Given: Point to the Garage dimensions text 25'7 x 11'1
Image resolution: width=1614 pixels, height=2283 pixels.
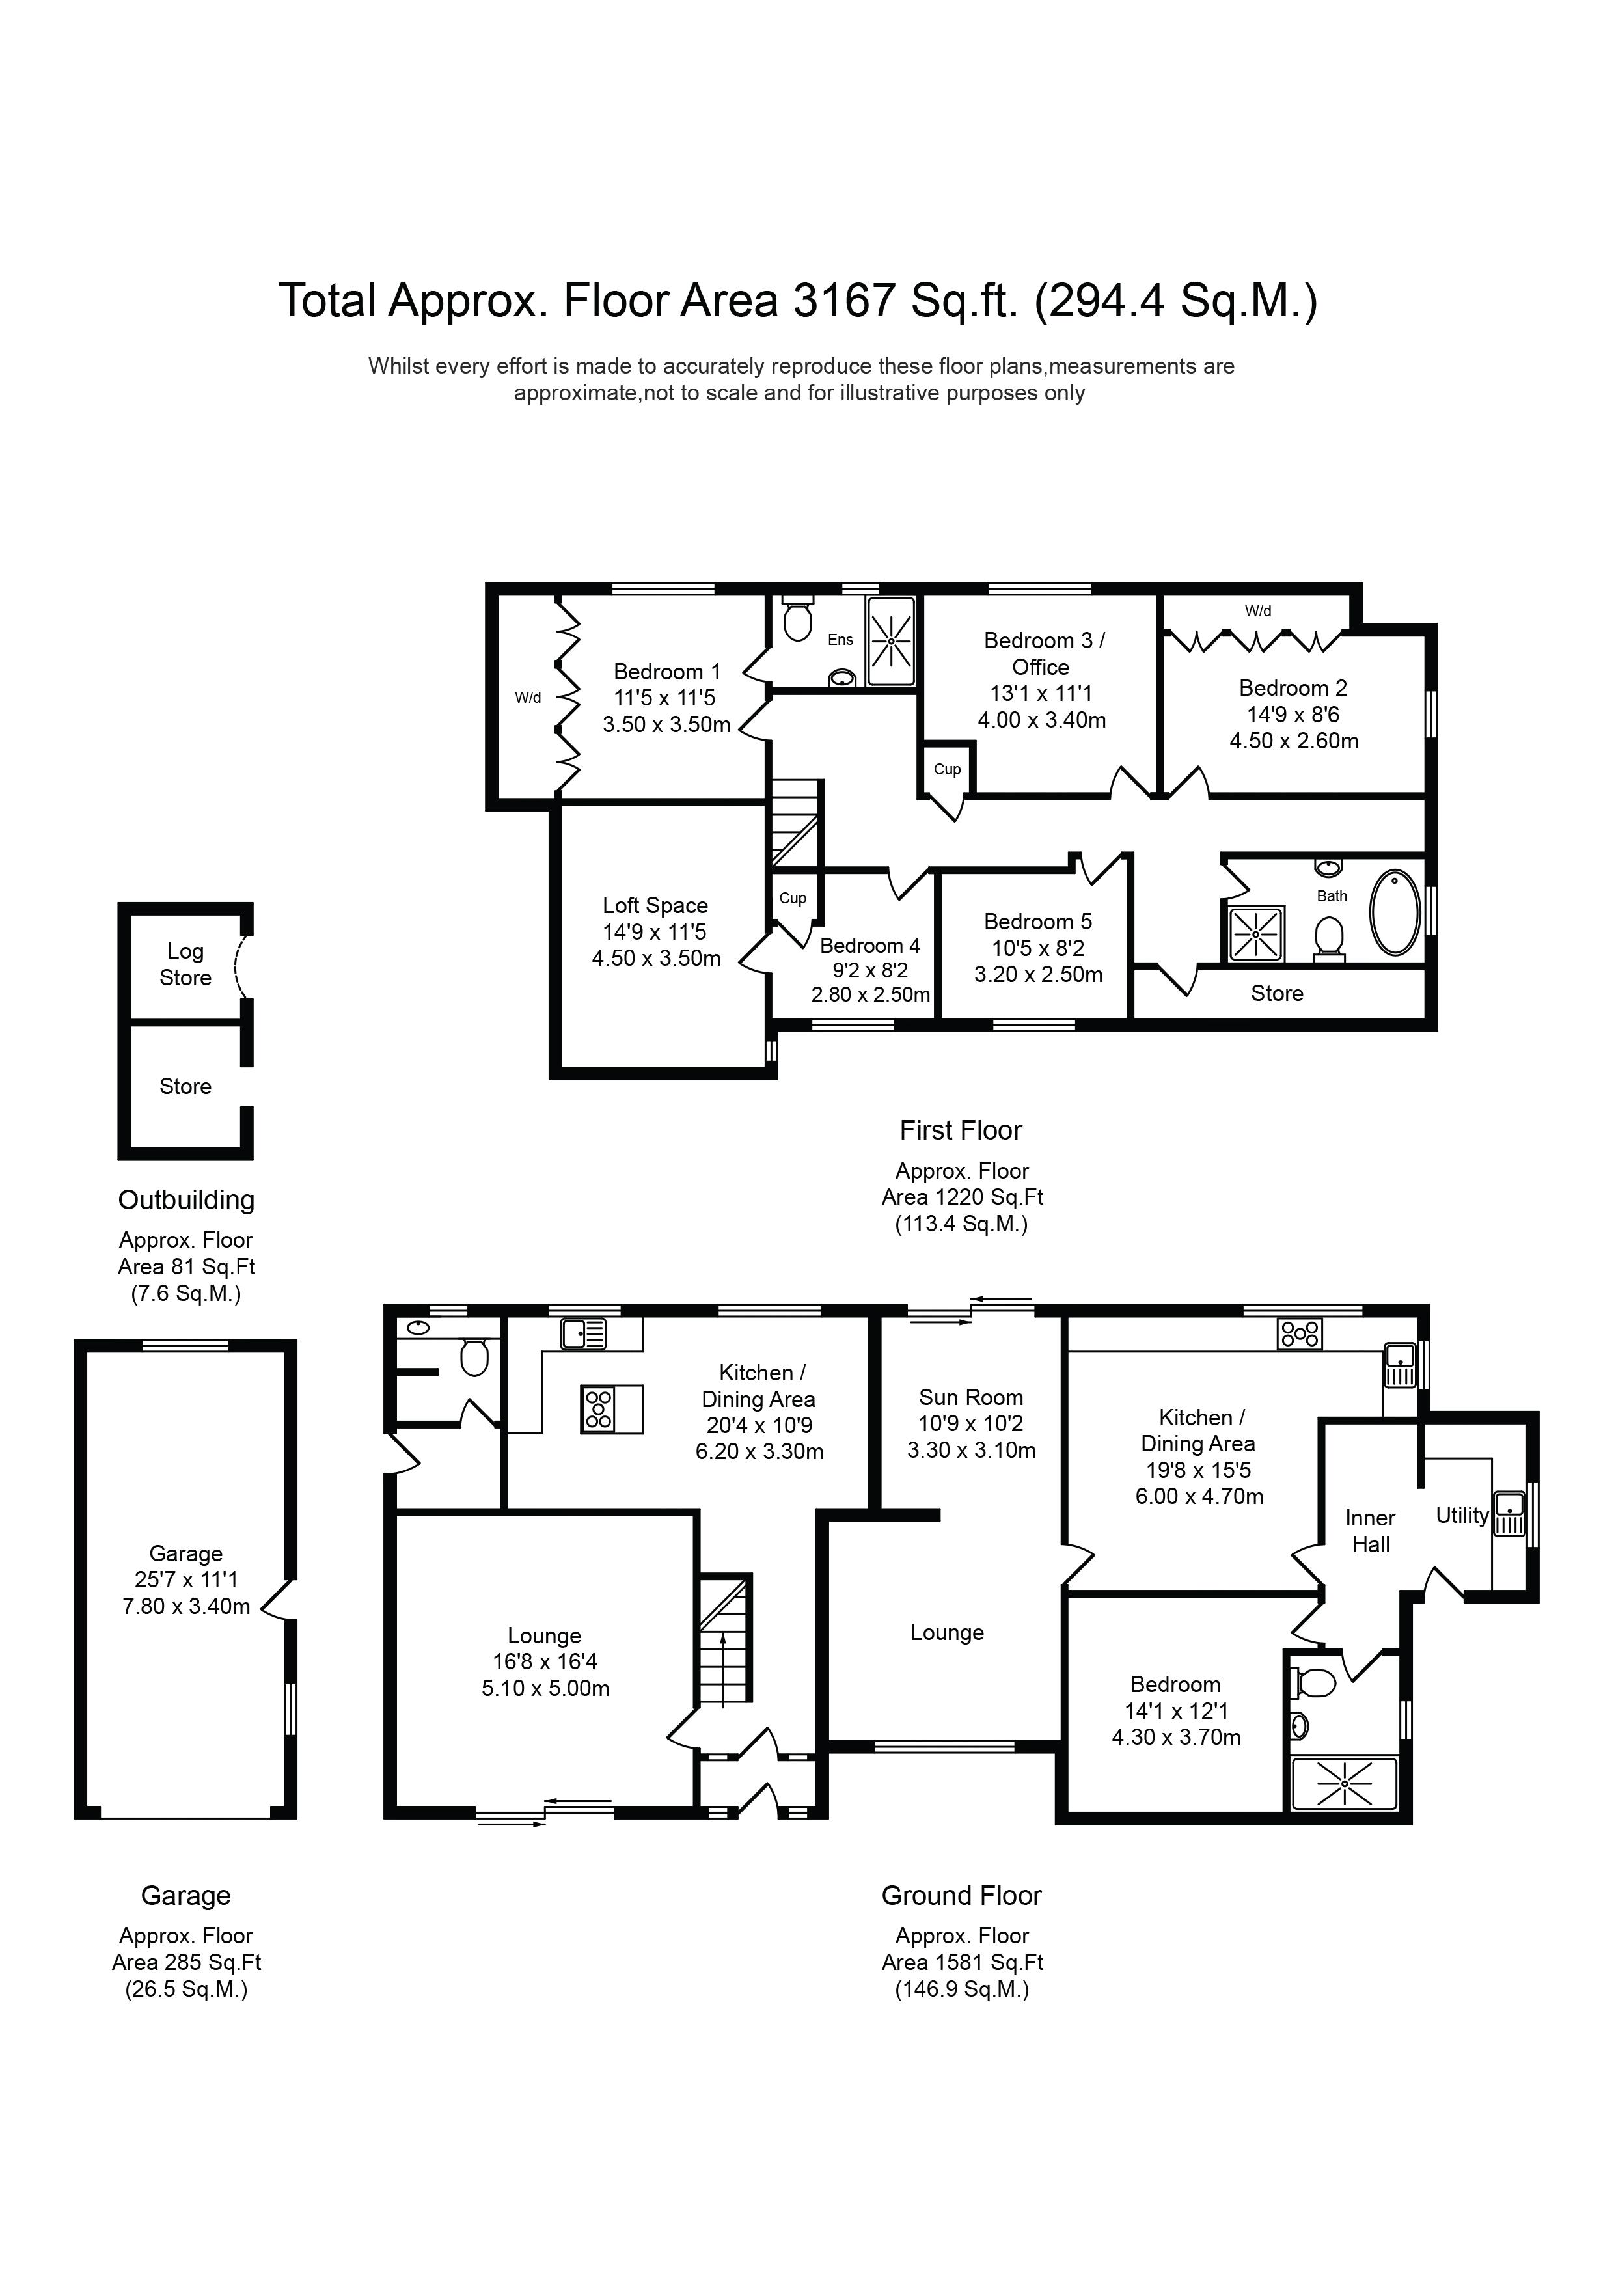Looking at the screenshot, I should coord(186,1579).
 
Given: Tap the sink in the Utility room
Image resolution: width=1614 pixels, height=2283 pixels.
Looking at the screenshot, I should coord(1509,1513).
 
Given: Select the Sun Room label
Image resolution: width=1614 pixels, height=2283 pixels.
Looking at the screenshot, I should coord(970,1397).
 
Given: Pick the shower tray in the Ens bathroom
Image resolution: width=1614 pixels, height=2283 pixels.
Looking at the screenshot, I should coord(891,641).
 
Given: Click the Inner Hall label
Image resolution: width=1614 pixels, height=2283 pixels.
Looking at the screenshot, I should coord(1371,1531).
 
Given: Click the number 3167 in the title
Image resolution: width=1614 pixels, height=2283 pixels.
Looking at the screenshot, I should coord(844,300).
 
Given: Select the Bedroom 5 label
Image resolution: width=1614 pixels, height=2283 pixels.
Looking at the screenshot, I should coord(1037,921).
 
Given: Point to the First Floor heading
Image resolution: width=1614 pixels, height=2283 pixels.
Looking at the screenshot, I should coord(960,1130).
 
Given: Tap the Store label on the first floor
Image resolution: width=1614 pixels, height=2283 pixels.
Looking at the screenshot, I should coord(1277,992).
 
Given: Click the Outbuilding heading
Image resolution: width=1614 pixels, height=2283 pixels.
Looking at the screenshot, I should coord(186,1199).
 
